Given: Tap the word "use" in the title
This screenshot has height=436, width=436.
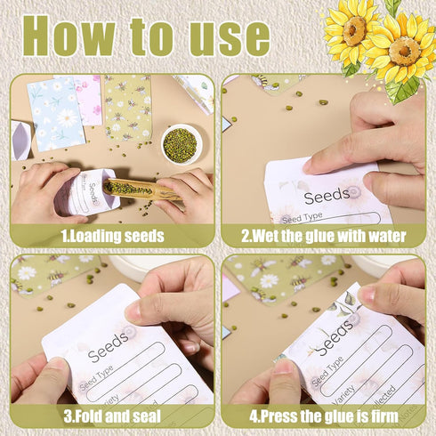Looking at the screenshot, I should click(226, 37).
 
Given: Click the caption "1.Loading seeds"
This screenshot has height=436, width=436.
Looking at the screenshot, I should click(112, 237).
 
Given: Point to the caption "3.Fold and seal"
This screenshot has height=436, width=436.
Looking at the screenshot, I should click(112, 416).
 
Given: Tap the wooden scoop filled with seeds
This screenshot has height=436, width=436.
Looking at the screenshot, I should click(142, 188).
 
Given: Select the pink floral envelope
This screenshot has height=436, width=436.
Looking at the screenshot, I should click(90, 98).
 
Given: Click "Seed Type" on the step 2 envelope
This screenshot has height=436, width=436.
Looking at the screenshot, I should click(302, 216).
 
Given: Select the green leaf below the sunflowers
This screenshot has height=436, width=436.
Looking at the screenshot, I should click(404, 90).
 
